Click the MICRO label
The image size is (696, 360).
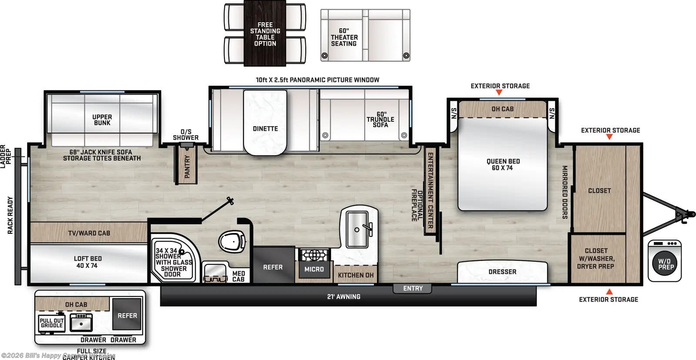coord(314,270)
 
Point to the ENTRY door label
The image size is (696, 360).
coord(412,288)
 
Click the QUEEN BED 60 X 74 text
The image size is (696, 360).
coord(503,165)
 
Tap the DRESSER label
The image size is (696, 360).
coord(502,272)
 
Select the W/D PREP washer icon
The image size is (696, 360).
coord(665,261)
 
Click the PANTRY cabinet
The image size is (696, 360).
coord(187,166)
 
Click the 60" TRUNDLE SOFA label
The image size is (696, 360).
coord(380,120)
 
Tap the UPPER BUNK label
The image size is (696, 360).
coord(102,120)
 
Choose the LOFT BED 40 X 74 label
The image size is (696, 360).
coord(87,262)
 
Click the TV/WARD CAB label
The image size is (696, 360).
coord(89,233)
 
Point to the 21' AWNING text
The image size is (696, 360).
coord(344,297)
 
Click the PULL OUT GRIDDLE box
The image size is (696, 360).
coord(52,323)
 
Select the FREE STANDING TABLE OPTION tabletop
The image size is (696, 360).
coord(265,34)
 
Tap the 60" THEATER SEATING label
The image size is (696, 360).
coord(344,37)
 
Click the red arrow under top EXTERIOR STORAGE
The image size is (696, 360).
coord(499,93)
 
